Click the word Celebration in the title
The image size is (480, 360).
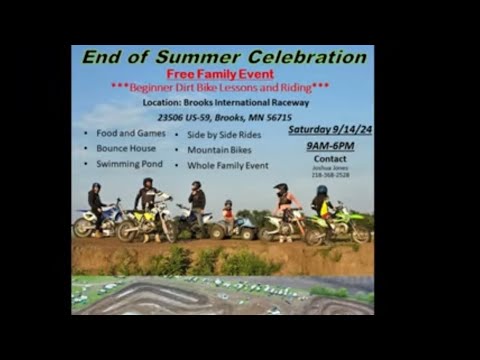(x=296, y=57)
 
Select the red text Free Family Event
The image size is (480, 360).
(x=221, y=75)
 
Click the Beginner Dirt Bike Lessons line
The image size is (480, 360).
(x=220, y=87)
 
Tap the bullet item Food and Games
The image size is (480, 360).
(x=126, y=133)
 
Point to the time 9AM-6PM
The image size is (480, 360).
(x=329, y=146)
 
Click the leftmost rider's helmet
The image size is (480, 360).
(x=96, y=187)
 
